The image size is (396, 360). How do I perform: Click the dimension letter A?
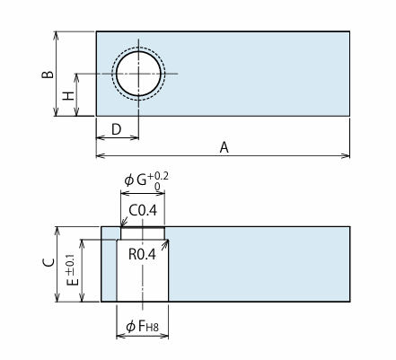[x=224, y=147]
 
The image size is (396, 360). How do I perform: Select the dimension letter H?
[x=68, y=96]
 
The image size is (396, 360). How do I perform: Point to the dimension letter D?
[x=117, y=130]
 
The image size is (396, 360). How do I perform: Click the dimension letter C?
[x=48, y=262]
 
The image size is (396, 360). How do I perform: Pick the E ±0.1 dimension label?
[x=72, y=270]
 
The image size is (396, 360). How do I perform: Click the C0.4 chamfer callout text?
[x=143, y=211]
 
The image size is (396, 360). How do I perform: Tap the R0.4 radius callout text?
[x=142, y=254]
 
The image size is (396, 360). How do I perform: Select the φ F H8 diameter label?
[x=142, y=326]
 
